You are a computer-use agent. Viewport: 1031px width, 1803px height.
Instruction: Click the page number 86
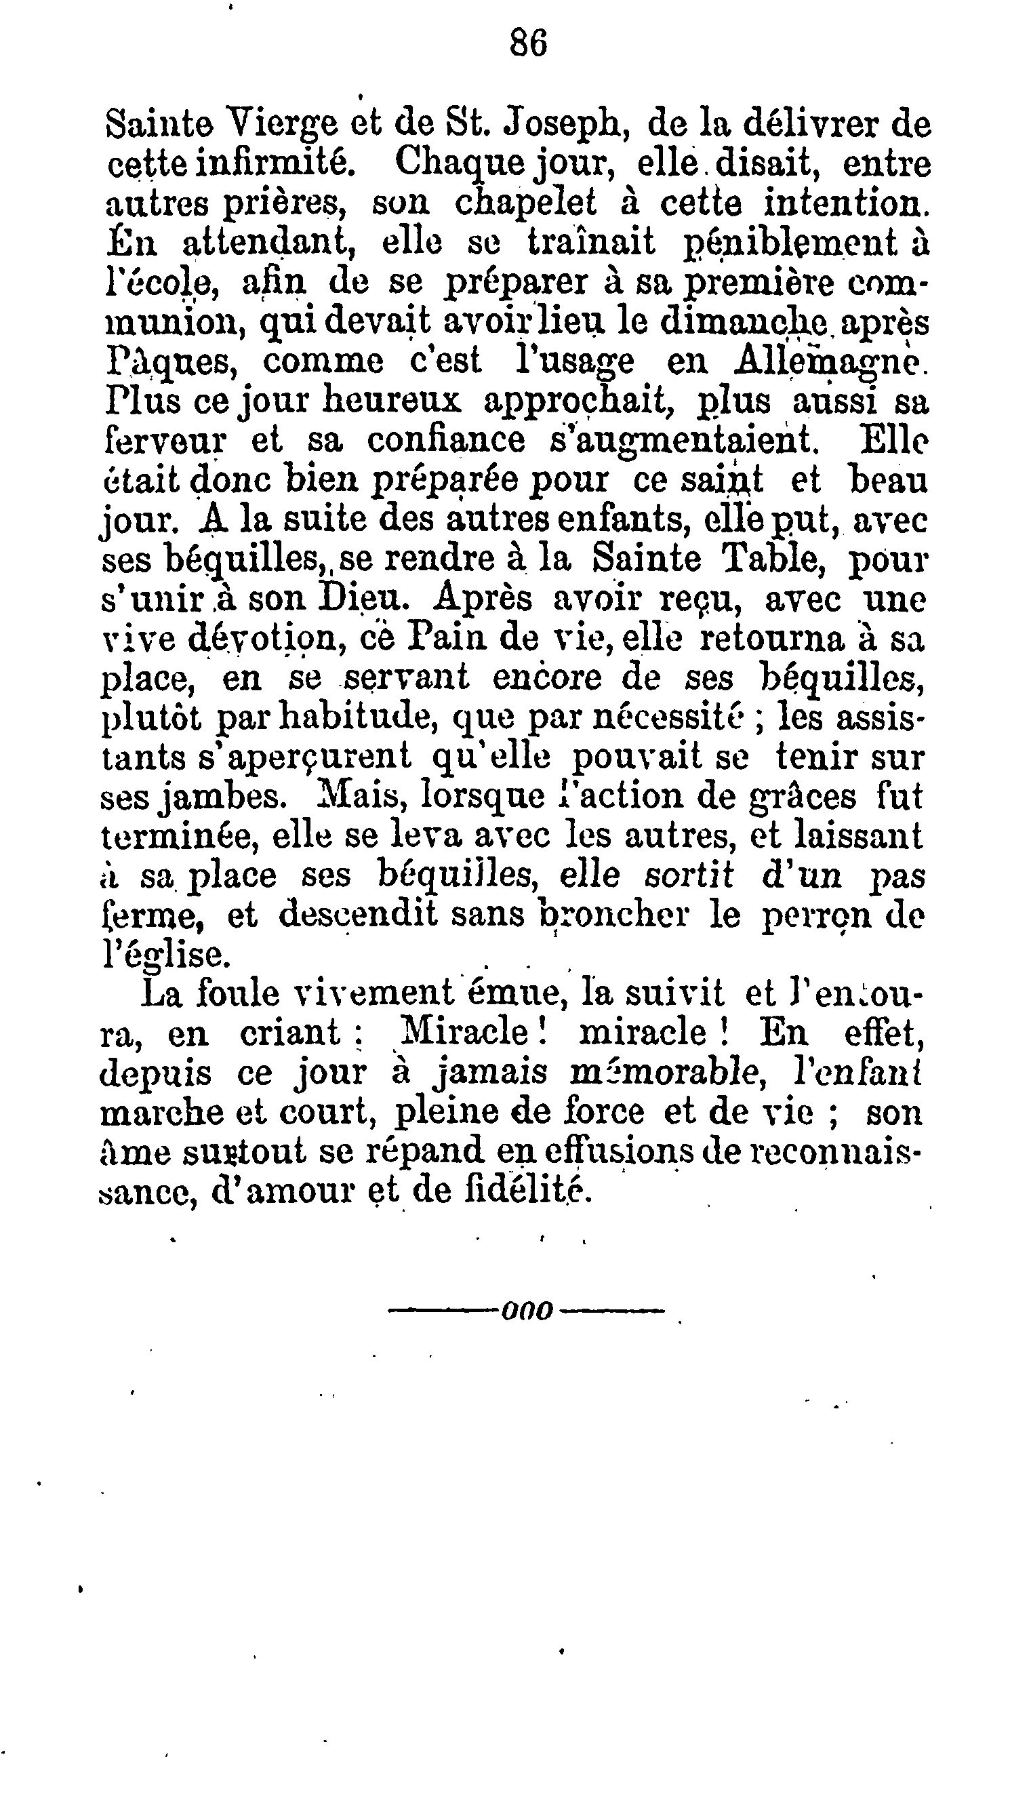pyautogui.click(x=528, y=45)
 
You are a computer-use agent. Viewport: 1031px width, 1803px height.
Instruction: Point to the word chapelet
pyautogui.click(x=525, y=204)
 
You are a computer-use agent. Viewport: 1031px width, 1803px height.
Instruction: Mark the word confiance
pyautogui.click(x=445, y=441)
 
